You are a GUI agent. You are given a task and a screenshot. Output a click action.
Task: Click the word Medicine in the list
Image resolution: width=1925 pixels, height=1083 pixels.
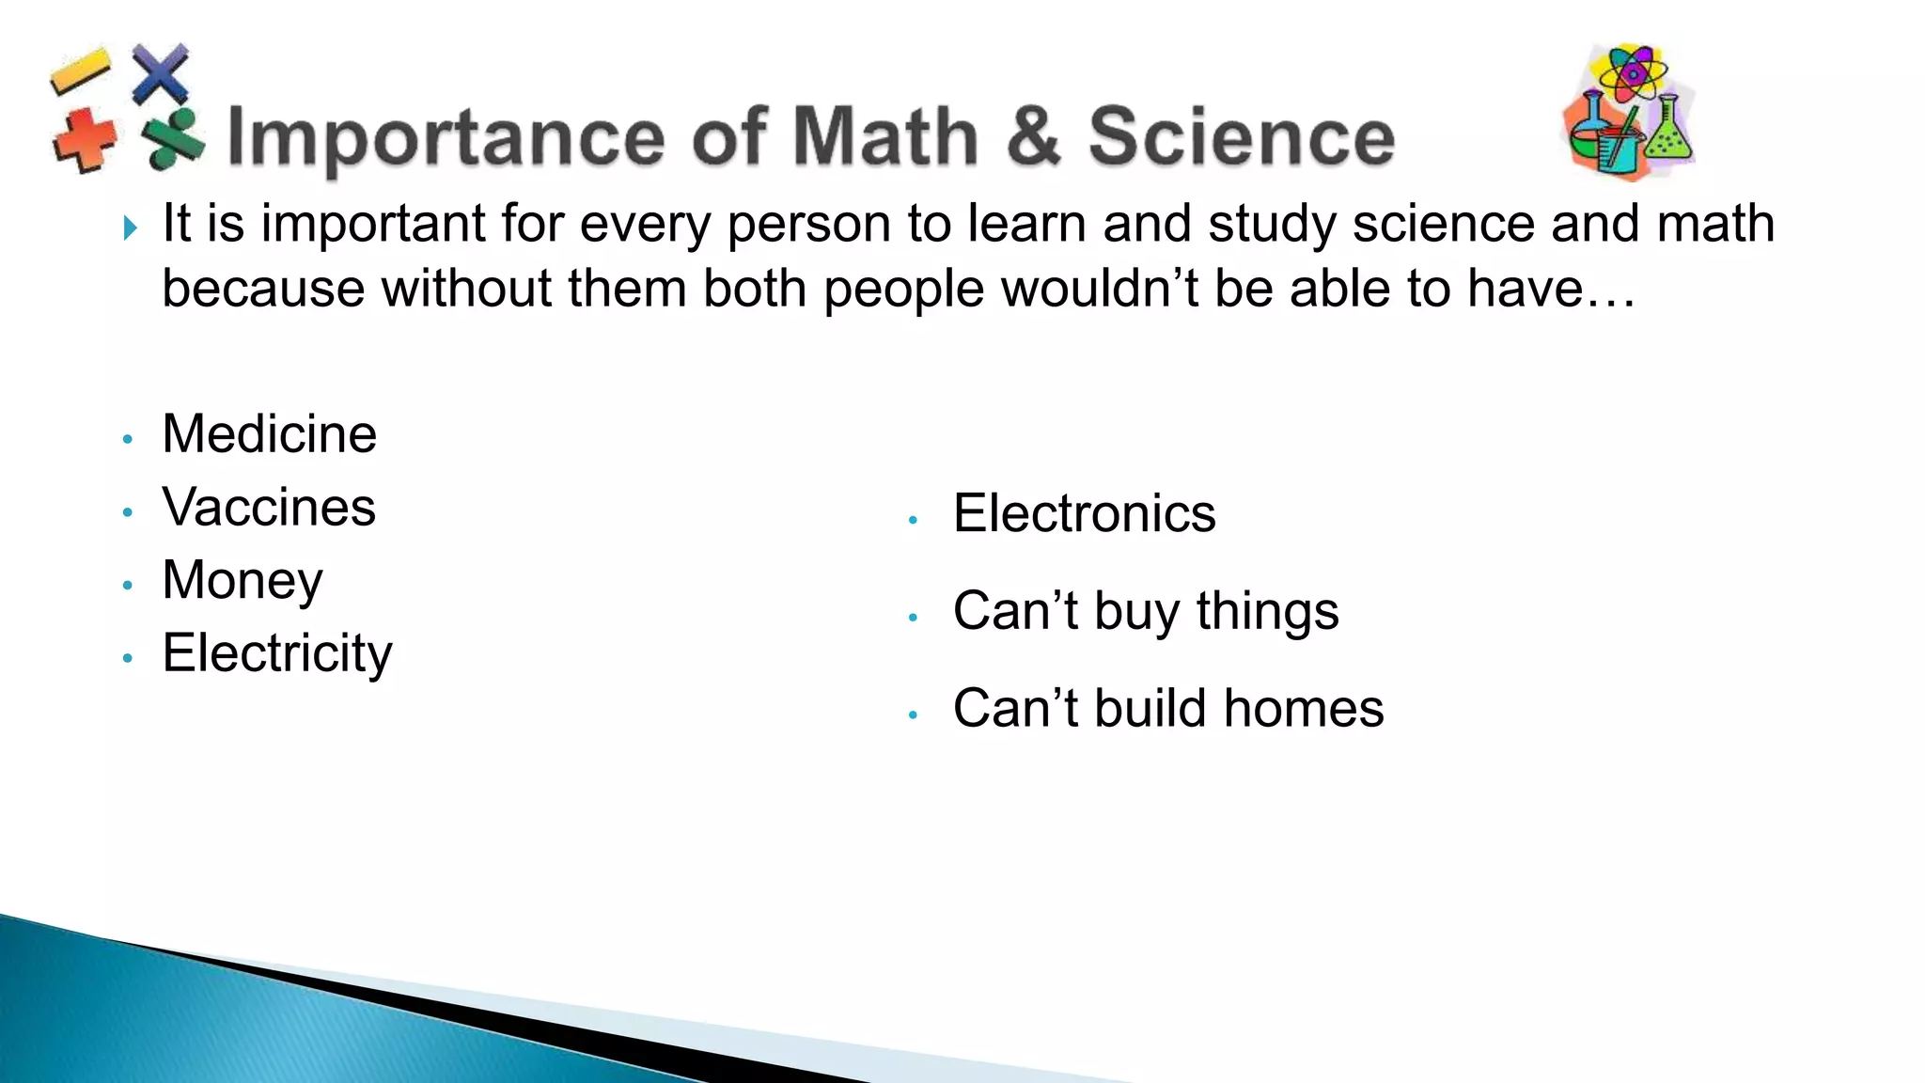269,434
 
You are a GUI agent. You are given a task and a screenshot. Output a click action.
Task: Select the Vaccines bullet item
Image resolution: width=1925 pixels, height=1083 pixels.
269,508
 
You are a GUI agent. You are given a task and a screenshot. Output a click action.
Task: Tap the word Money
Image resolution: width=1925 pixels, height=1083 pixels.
243,580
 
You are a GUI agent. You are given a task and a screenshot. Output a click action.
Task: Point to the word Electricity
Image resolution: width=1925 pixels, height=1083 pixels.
276,653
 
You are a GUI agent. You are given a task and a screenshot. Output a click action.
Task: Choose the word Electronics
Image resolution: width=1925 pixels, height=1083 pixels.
1084,513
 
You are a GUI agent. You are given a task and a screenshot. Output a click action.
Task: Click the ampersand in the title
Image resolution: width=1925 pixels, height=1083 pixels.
1033,137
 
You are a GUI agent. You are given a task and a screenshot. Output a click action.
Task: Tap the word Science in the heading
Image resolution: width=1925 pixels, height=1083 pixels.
1241,137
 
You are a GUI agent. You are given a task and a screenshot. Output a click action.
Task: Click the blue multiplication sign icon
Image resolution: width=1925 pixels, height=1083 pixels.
160,72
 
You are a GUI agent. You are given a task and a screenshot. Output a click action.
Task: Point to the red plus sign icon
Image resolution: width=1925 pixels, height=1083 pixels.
85,141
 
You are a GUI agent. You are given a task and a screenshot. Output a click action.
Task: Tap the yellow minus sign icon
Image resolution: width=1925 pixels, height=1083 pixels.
80,71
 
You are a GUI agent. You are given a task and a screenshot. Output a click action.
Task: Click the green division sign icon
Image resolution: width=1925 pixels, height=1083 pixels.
173,139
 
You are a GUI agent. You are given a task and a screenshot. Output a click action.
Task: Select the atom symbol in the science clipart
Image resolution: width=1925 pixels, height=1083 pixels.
1634,71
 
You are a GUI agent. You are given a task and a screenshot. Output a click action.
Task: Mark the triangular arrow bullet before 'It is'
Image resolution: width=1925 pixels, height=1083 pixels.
131,228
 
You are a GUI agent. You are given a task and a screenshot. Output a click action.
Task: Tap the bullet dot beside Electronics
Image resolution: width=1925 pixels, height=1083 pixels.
913,520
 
